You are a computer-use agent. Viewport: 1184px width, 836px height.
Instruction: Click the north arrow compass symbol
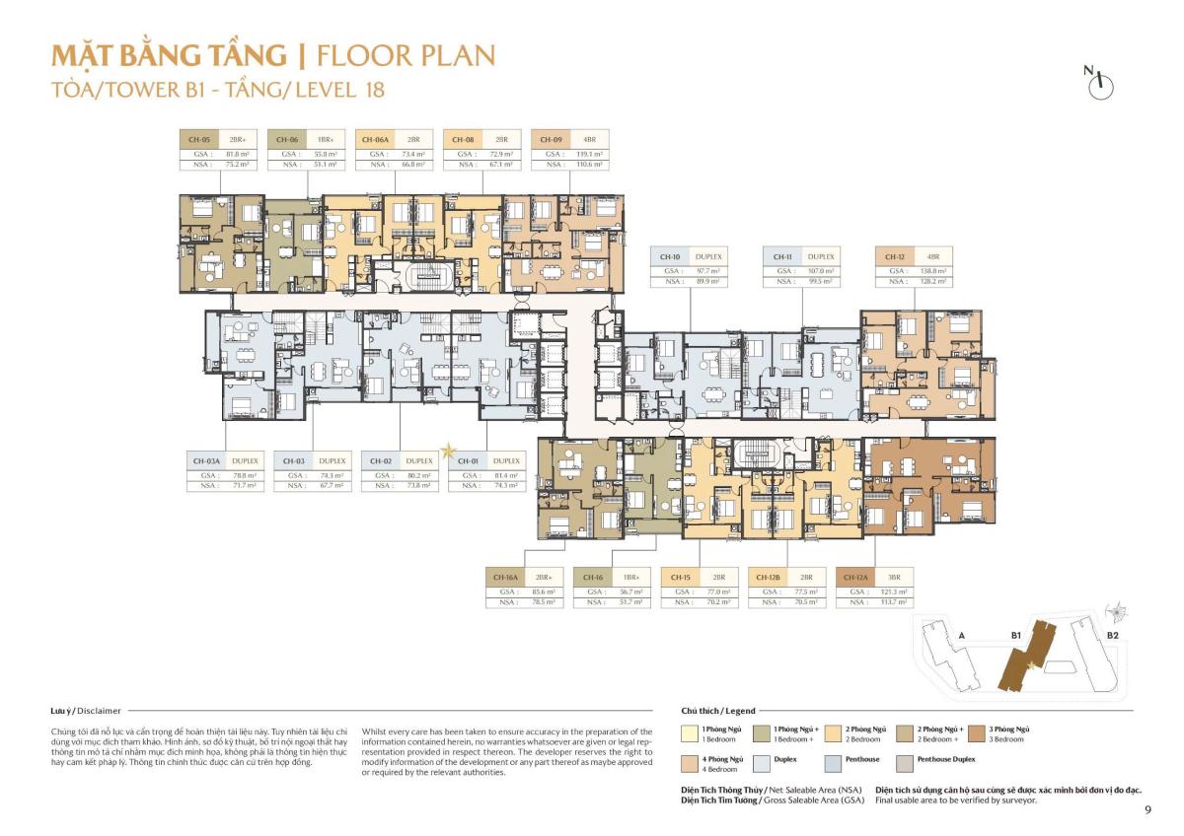[1099, 84]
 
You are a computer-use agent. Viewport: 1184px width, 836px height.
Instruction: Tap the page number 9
[1147, 810]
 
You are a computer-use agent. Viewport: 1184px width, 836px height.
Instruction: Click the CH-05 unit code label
[198, 140]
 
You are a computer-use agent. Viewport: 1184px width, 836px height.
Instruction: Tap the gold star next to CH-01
[449, 452]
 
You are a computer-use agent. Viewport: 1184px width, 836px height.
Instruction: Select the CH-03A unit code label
[206, 460]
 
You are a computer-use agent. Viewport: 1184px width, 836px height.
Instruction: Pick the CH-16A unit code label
[505, 577]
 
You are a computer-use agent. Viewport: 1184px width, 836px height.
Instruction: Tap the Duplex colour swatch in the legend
[764, 762]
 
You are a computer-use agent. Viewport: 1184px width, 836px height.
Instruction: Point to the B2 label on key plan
[1112, 637]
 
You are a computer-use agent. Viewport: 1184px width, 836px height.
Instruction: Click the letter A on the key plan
[961, 637]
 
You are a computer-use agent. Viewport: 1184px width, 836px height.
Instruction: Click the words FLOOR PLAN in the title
[406, 55]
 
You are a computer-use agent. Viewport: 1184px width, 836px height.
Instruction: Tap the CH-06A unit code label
[375, 140]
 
